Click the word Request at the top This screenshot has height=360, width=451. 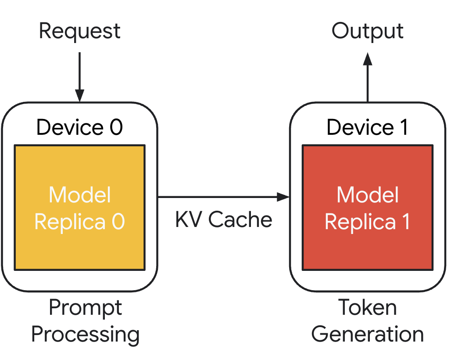79,31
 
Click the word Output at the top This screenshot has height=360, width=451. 368,31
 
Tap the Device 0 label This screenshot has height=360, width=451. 79,127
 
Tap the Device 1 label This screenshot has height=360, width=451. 368,127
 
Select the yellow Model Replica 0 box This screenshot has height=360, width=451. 79,246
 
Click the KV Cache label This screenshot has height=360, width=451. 224,220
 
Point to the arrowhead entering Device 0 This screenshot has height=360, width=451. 79,96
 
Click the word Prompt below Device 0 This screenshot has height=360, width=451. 86,308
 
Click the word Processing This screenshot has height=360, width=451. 86,335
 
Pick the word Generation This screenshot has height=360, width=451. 368,335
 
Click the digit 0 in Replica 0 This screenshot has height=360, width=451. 118,222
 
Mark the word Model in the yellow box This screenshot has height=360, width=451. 80,195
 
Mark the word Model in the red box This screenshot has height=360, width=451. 368,195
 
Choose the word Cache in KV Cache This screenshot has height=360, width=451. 240,220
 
